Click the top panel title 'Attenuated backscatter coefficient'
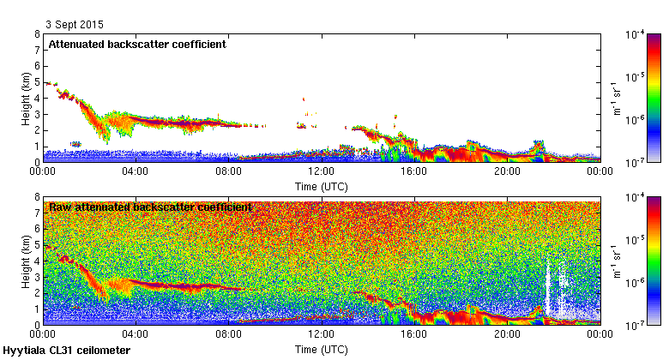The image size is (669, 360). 137,44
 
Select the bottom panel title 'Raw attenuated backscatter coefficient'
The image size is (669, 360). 150,207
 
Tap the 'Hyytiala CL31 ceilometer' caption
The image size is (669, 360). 67,351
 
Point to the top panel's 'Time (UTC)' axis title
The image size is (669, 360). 321,185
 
